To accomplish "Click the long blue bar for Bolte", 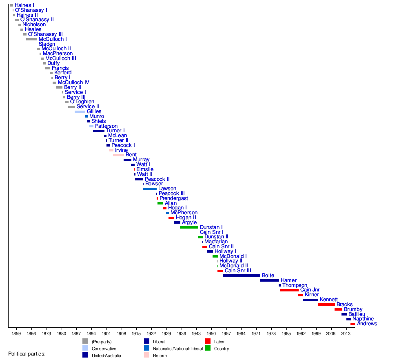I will [x=241, y=276].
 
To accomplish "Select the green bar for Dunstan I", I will [x=189, y=227].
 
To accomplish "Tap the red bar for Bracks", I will [x=326, y=304].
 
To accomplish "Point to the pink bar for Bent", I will [x=118, y=155].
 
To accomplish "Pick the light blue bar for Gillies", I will [x=80, y=111].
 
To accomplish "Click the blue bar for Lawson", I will [x=150, y=189].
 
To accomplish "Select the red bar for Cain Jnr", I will [x=289, y=290].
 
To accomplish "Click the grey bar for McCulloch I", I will [x=31, y=39].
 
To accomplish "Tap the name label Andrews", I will [x=367, y=324].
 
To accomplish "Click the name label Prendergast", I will [x=174, y=198].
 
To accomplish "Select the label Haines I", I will [x=24, y=5].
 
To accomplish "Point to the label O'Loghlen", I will [x=82, y=102].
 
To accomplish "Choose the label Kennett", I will [x=329, y=300].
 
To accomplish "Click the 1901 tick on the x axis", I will [x=106, y=333].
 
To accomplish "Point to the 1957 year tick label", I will [x=226, y=333].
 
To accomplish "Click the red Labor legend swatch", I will [x=208, y=341].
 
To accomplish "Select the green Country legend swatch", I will [x=208, y=348].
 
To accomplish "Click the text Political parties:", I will [x=27, y=353].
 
